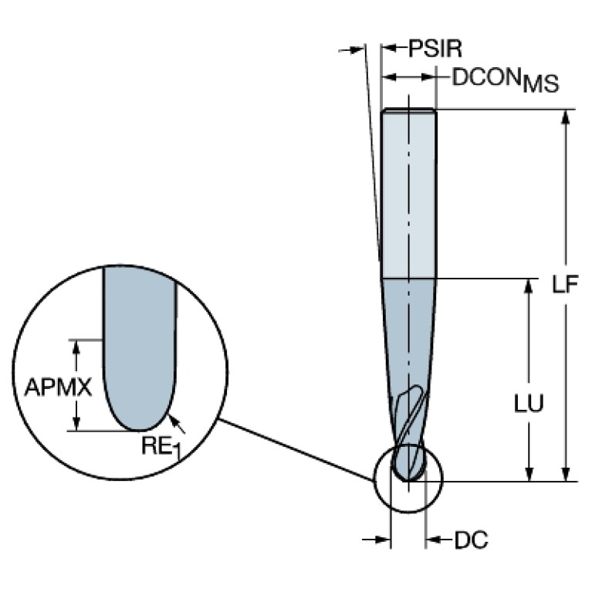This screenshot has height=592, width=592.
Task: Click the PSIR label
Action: (435, 49)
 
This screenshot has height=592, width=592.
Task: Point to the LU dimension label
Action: (529, 403)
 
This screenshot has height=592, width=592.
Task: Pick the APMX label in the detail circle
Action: (58, 386)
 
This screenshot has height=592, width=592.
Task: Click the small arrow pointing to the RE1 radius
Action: (177, 421)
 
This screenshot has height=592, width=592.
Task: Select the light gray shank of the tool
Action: (409, 193)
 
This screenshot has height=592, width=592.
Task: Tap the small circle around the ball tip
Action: (437, 495)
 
